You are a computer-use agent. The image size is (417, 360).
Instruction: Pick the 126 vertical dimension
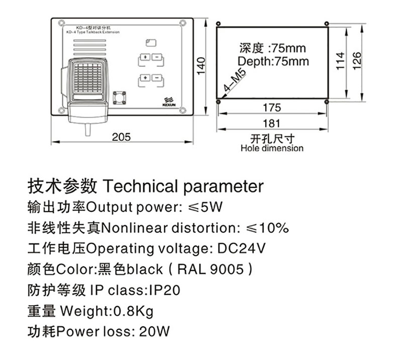[x=357, y=62]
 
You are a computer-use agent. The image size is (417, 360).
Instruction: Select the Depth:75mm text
[x=273, y=62]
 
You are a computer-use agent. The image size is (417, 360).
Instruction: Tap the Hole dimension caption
[x=272, y=149]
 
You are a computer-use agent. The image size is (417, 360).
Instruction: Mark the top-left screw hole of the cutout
[x=218, y=24]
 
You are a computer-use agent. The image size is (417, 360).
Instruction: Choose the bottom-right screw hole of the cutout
[x=327, y=102]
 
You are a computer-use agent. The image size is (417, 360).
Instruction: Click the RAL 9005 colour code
[x=212, y=269]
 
